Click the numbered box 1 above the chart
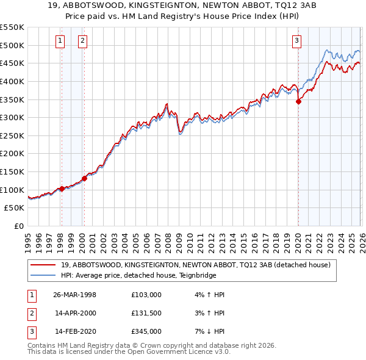pyautogui.click(x=61, y=41)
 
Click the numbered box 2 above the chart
pyautogui.click(x=82, y=41)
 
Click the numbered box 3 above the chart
pyautogui.click(x=296, y=41)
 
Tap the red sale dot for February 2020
pyautogui.click(x=298, y=102)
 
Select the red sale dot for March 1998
pyautogui.click(x=62, y=189)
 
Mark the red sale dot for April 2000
pyautogui.click(x=84, y=178)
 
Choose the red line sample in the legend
pyautogui.click(x=43, y=265)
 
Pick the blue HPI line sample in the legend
pyautogui.click(x=43, y=275)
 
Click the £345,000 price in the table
pyautogui.click(x=146, y=331)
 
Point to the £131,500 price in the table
pyautogui.click(x=146, y=313)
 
